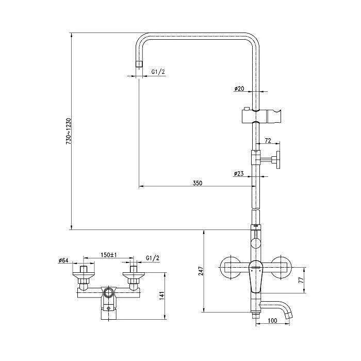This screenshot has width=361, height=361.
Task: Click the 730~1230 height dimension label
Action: (69, 132)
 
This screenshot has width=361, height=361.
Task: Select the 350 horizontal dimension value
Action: (198, 183)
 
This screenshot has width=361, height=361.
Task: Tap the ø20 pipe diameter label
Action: (239, 88)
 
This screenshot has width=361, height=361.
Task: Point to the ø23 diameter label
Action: (239, 174)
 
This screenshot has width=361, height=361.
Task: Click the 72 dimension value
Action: (268, 140)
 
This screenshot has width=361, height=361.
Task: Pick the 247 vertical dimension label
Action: (201, 271)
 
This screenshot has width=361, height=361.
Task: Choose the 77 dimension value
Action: (301, 280)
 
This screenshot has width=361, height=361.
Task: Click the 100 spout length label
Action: (273, 320)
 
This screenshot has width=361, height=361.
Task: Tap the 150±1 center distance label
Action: (109, 255)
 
